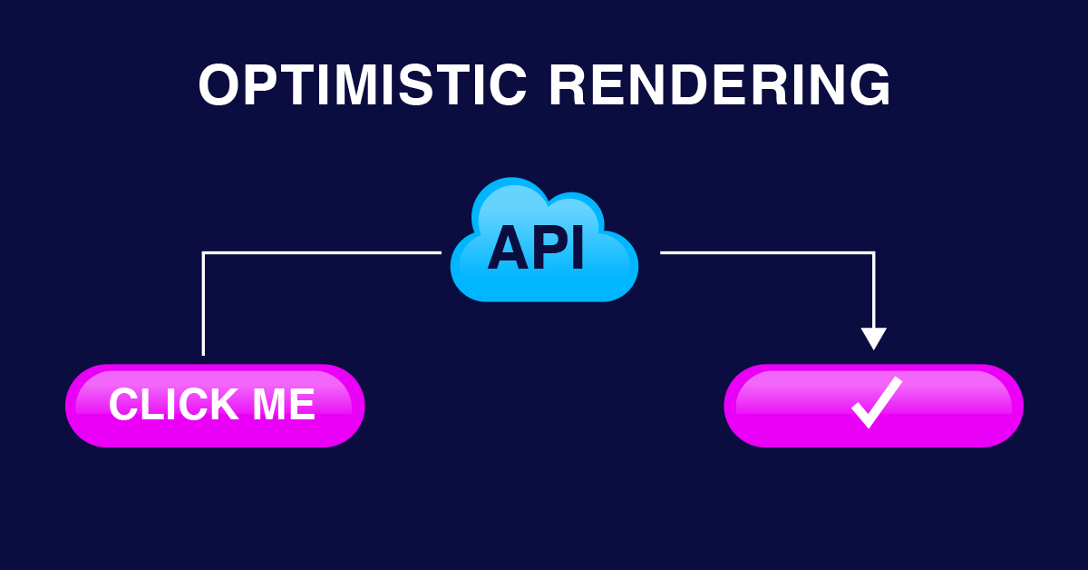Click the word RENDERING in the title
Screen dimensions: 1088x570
(x=720, y=85)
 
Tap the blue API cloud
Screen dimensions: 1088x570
(x=544, y=241)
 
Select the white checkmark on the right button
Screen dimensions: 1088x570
(x=875, y=402)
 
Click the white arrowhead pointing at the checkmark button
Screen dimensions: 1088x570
(x=873, y=338)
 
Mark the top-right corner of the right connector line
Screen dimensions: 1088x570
(x=873, y=253)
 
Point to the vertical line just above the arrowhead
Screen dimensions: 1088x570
(x=873, y=300)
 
